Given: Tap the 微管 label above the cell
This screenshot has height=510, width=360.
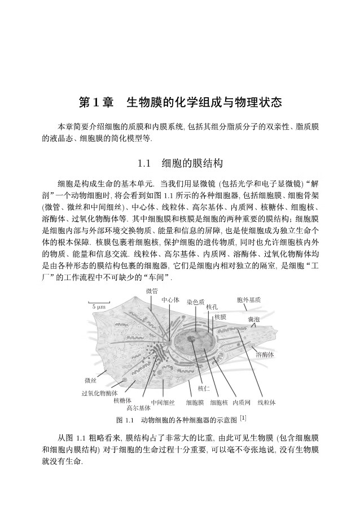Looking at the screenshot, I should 152,291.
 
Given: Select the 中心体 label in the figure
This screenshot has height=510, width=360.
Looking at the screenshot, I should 170,299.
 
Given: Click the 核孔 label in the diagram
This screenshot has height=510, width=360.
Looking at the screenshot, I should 212,307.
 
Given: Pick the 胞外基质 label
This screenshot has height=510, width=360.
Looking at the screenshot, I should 249,299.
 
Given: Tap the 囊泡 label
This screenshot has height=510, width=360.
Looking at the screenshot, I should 253,320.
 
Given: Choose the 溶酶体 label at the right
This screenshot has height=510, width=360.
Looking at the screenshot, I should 265,355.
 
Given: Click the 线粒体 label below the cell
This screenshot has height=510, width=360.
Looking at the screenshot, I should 266,403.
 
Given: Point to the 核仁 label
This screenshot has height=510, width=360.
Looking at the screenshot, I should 204,389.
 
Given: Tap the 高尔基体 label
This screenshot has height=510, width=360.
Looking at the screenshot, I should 138,407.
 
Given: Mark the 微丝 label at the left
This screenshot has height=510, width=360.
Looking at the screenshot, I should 90,380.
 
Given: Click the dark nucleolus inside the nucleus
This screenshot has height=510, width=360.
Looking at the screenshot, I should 192,340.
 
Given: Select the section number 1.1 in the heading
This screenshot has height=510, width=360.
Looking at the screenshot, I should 145,164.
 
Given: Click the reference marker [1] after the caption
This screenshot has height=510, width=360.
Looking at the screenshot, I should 243,419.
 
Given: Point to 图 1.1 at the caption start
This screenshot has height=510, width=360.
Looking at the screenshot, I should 124,420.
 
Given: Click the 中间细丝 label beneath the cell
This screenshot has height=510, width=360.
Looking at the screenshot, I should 163,403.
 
